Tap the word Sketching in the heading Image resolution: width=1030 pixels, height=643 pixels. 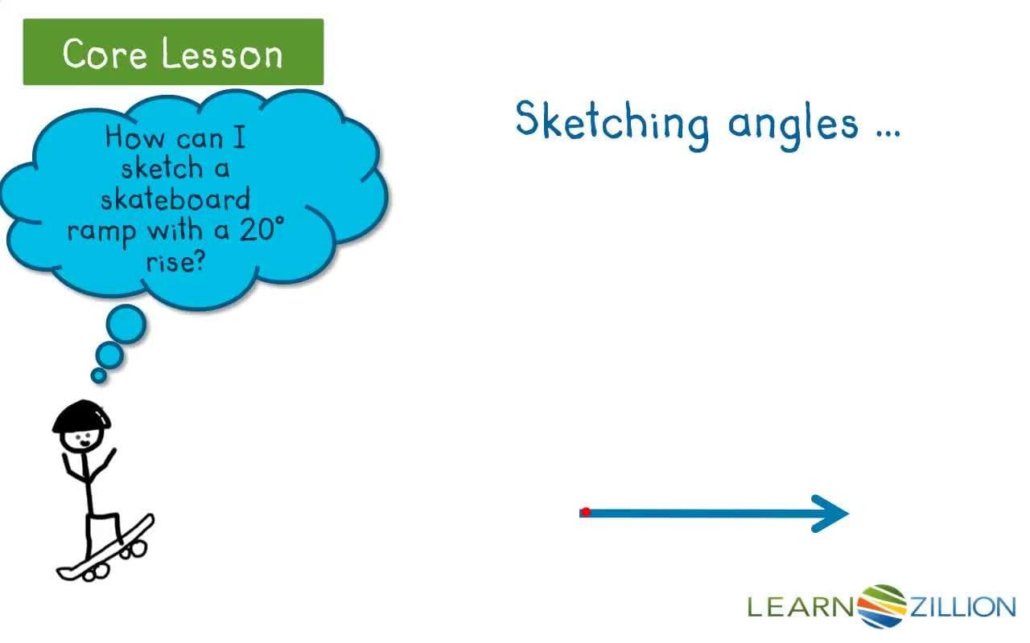(x=612, y=122)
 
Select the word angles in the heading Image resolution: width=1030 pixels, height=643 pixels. (x=792, y=125)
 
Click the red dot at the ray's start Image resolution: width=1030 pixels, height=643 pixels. (x=586, y=512)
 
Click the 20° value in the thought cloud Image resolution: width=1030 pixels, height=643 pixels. (x=262, y=231)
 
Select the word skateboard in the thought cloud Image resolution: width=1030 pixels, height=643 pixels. (x=175, y=199)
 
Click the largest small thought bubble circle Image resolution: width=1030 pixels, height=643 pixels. (x=126, y=324)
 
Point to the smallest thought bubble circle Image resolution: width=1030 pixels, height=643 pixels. (x=99, y=375)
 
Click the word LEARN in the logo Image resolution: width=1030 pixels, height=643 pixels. (x=801, y=607)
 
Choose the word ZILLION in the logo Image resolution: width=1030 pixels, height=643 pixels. (x=962, y=607)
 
